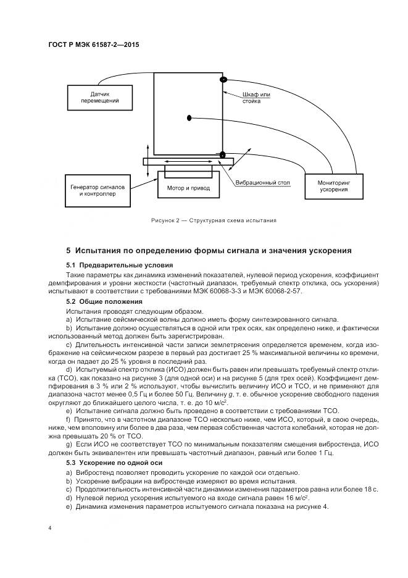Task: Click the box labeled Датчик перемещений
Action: pos(100,96)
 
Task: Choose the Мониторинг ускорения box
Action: pos(333,186)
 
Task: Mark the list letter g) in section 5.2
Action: pos(69,444)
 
